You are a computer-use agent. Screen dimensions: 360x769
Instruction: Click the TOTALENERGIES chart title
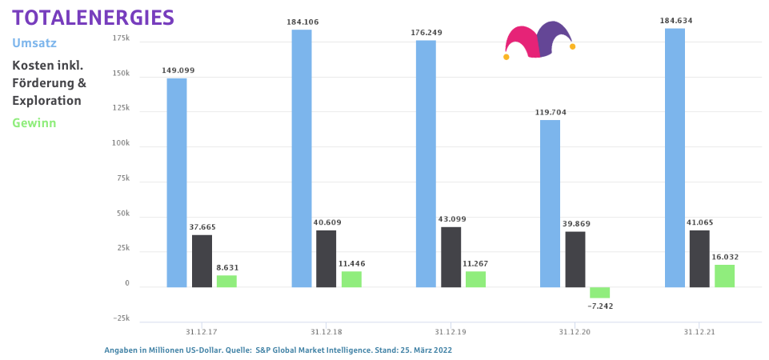(x=93, y=17)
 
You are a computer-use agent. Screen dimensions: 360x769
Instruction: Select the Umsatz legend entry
(x=34, y=42)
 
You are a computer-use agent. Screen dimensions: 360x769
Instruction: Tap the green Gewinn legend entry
(x=34, y=122)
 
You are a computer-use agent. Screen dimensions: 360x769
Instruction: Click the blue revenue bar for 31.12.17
(x=177, y=182)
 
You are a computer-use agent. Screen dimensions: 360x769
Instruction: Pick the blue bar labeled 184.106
(x=302, y=158)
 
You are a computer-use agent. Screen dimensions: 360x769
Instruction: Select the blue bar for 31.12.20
(x=551, y=203)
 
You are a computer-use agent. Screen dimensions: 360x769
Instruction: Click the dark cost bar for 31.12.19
(x=451, y=257)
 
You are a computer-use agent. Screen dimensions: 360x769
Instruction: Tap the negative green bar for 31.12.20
(x=599, y=292)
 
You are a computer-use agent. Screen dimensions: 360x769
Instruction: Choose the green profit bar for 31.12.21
(x=724, y=276)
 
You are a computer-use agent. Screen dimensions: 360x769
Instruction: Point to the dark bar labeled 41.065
(x=699, y=258)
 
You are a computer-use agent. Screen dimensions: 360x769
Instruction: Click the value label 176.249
(x=426, y=33)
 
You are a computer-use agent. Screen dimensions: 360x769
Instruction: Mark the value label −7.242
(x=600, y=306)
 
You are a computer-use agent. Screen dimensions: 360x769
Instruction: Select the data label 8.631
(x=227, y=267)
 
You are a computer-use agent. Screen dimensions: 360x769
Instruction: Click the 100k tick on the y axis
(x=122, y=144)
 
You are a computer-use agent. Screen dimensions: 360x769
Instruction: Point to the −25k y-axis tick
(x=120, y=318)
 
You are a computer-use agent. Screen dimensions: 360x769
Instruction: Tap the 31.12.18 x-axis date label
(x=326, y=331)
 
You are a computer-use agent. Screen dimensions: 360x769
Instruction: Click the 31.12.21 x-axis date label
(x=699, y=331)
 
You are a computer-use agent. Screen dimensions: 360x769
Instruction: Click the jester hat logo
(x=539, y=41)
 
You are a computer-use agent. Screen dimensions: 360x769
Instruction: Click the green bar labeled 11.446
(x=351, y=279)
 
